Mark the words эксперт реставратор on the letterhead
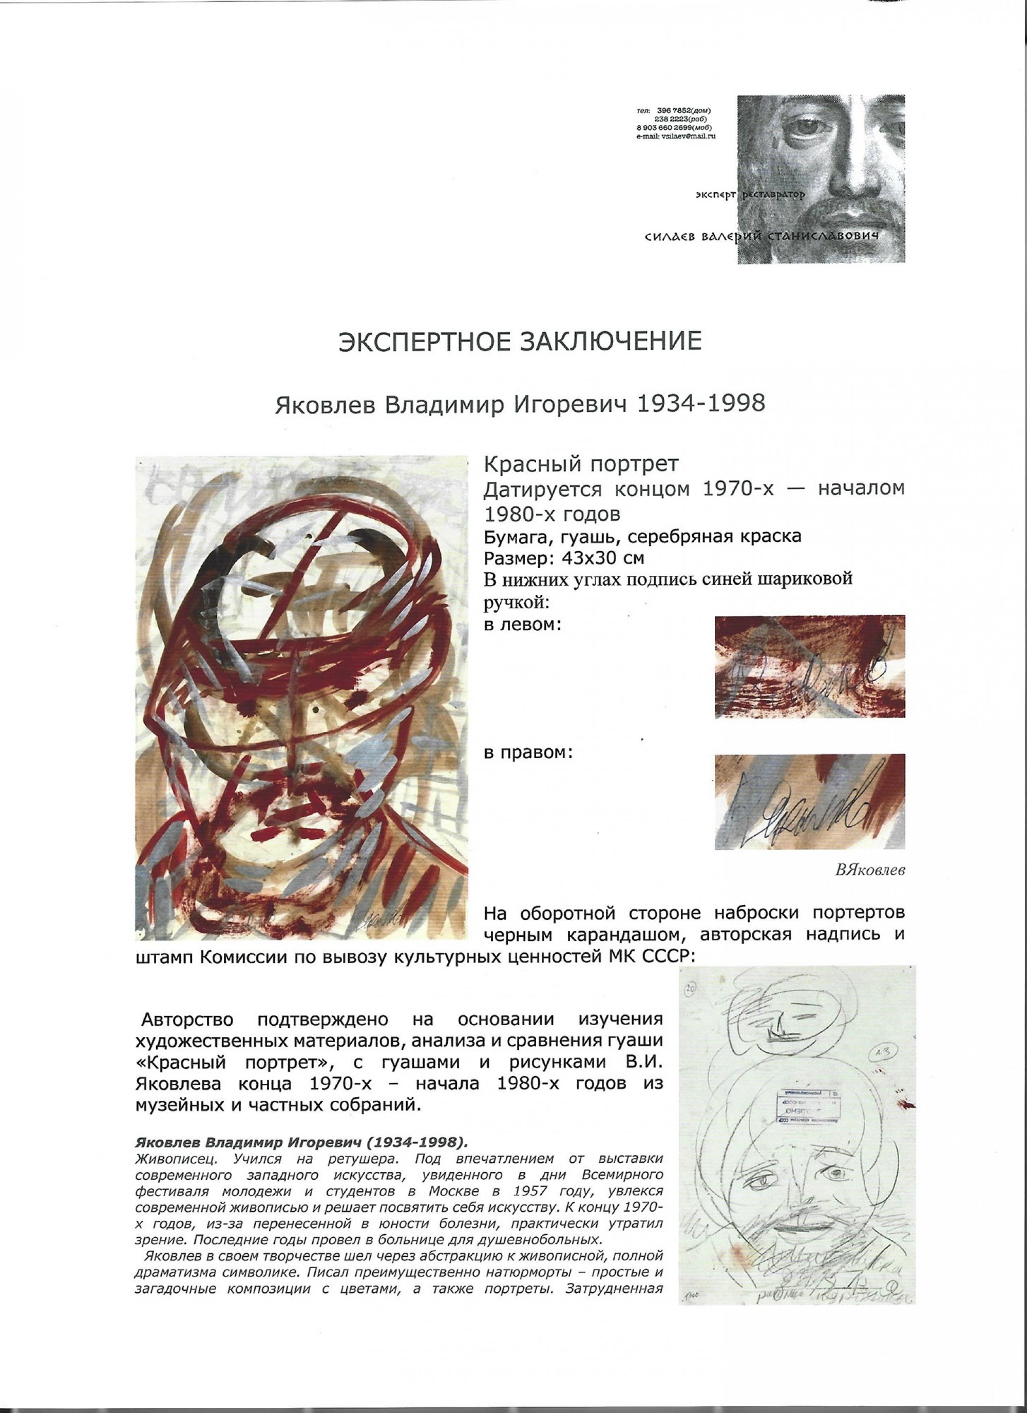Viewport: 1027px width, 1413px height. [750, 195]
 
